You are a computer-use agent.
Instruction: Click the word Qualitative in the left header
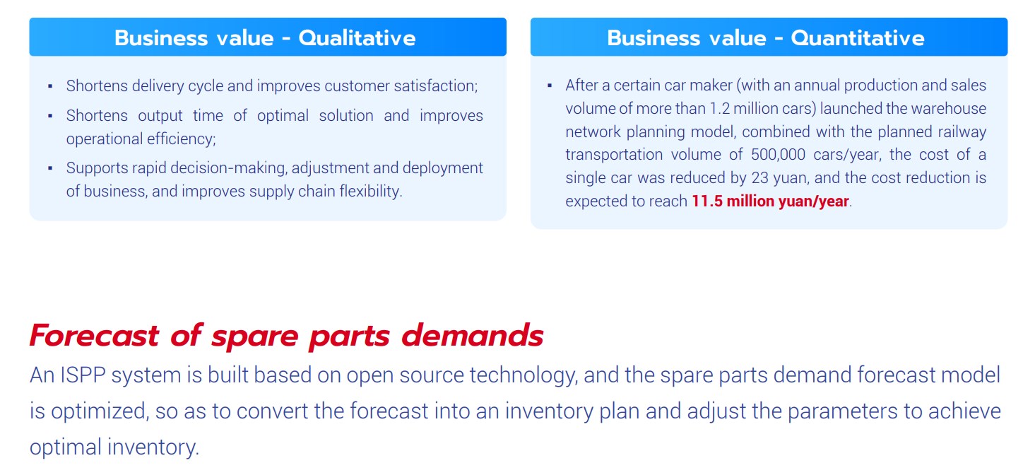point(357,38)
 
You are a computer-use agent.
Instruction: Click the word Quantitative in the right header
point(858,38)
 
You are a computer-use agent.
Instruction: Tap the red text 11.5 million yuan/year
point(770,201)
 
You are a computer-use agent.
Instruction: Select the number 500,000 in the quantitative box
point(778,155)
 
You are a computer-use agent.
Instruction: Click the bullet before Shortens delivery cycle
point(50,86)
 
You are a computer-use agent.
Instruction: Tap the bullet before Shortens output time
point(50,116)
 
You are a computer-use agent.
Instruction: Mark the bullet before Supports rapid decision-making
point(50,168)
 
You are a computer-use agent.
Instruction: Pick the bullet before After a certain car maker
point(550,86)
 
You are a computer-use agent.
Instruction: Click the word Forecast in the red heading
point(94,335)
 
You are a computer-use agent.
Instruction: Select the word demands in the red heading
point(473,335)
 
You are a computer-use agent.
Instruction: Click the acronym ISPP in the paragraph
point(83,375)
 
